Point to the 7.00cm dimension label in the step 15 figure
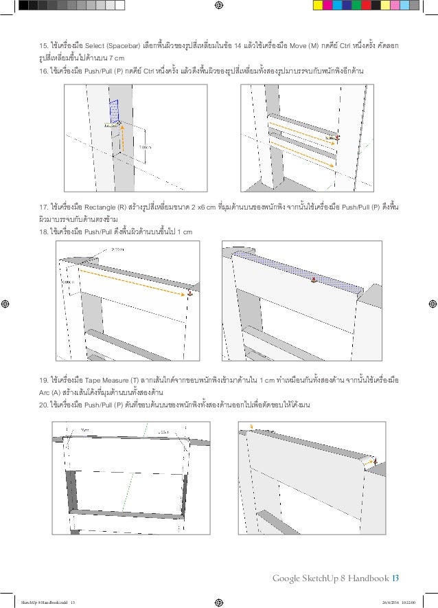[145, 147]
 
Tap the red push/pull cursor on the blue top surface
[313, 280]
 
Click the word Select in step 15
[100, 47]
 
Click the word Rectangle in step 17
[104, 207]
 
